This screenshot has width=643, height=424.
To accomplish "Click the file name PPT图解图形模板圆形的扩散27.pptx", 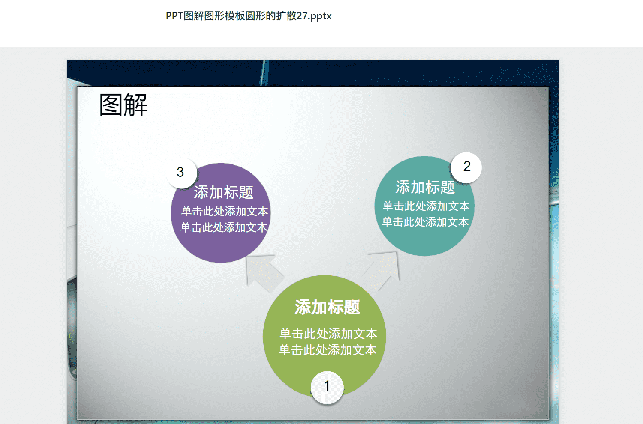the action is (249, 16).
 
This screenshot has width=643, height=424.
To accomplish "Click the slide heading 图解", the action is (123, 105).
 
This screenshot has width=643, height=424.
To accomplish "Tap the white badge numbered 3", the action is (181, 173).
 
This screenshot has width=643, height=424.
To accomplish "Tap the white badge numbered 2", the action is (466, 167).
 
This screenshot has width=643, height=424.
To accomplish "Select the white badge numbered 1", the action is (327, 387).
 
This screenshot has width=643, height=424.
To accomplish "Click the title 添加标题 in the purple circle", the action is (223, 192).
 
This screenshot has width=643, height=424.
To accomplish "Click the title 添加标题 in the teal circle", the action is (425, 187).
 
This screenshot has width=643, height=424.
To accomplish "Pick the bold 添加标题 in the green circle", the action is (327, 307).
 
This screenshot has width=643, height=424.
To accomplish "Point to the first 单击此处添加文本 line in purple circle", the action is (225, 211).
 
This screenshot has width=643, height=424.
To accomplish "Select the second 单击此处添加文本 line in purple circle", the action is (224, 227).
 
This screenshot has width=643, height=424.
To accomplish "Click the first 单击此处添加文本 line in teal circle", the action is (426, 206).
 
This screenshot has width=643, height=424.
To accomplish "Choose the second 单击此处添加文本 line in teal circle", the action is (425, 222).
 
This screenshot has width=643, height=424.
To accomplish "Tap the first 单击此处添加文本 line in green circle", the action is (328, 334).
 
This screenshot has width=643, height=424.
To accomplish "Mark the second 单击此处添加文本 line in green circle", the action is (328, 350).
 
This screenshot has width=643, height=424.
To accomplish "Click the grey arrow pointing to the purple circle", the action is (264, 272).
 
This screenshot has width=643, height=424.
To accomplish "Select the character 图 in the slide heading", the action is (111, 105).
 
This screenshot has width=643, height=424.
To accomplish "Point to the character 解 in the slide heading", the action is (136, 105).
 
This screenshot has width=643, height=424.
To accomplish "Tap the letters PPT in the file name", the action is (174, 16).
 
